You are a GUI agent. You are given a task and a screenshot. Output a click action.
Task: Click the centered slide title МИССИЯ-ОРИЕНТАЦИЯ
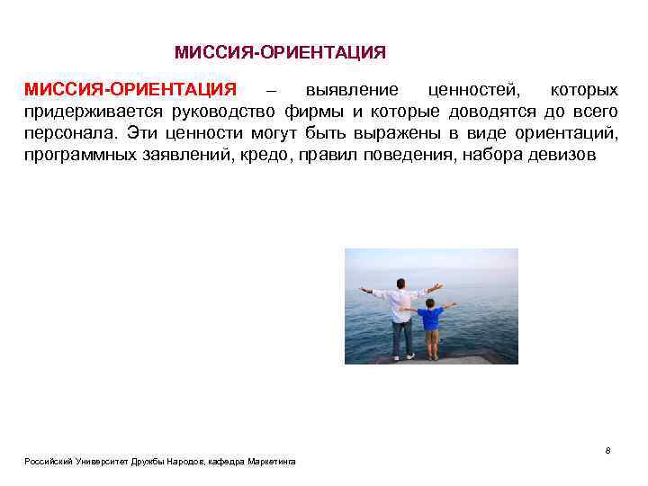point(280,53)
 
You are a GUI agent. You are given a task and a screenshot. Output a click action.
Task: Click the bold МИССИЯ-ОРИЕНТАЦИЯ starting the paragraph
point(130,91)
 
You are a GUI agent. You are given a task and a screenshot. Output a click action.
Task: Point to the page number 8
point(608,450)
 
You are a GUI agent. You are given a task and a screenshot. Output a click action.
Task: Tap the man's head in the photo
point(403,283)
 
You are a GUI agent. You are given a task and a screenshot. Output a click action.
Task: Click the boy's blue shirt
point(430,318)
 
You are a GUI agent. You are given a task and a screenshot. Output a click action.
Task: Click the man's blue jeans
point(402,337)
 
